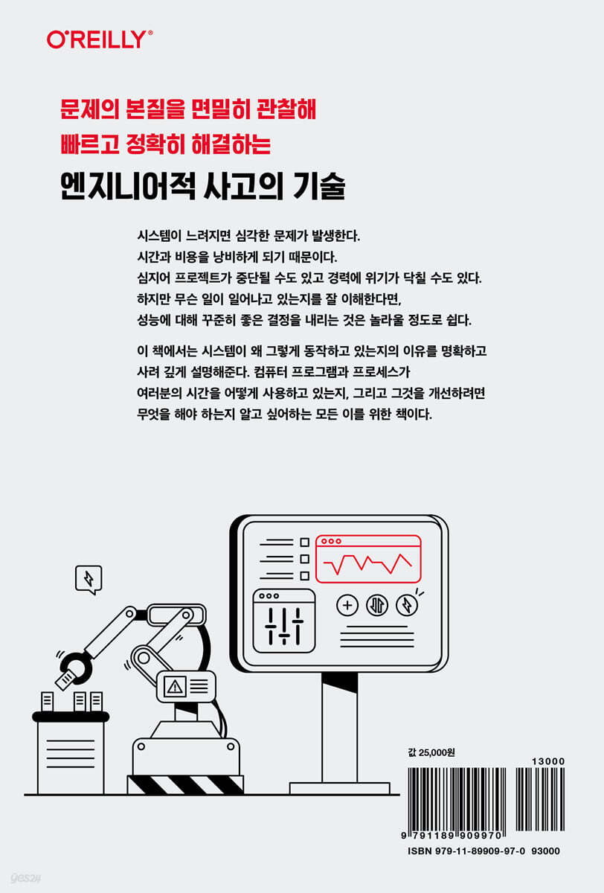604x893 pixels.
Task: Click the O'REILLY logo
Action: pyautogui.click(x=100, y=39)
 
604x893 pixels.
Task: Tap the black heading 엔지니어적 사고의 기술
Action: pyautogui.click(x=203, y=186)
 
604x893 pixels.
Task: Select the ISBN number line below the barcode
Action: pyautogui.click(x=483, y=851)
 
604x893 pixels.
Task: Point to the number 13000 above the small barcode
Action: pyautogui.click(x=548, y=761)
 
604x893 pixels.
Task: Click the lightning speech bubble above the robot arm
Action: pyautogui.click(x=89, y=579)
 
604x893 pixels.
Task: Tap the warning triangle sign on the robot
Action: pyautogui.click(x=175, y=686)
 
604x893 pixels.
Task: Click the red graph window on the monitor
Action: pyautogui.click(x=368, y=559)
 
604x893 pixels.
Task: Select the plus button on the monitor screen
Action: pyautogui.click(x=347, y=605)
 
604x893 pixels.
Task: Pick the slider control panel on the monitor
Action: pyautogui.click(x=283, y=621)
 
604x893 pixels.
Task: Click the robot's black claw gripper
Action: pyautogui.click(x=76, y=667)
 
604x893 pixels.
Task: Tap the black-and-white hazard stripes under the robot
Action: pyautogui.click(x=185, y=784)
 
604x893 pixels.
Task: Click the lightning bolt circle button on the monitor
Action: pyautogui.click(x=407, y=605)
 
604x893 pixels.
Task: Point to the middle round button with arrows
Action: pyautogui.click(x=377, y=605)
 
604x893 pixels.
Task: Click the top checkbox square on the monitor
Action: pyautogui.click(x=304, y=542)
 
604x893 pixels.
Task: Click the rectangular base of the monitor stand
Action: pyautogui.click(x=339, y=788)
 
